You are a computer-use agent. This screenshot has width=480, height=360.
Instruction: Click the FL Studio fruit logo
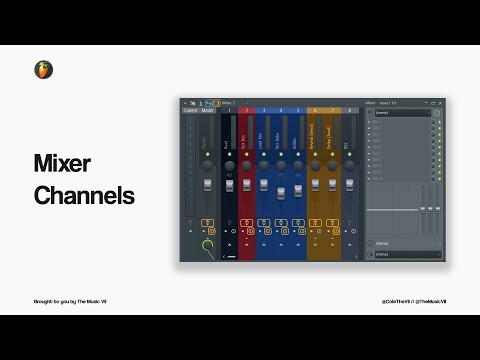pos(43,69)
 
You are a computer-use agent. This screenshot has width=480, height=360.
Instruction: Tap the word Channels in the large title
pos(84,196)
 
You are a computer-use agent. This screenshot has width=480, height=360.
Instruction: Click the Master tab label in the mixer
pos(208,110)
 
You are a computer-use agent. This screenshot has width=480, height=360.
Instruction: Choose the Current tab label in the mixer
pos(190,110)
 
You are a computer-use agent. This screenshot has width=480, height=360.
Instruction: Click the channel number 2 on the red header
pos(246,110)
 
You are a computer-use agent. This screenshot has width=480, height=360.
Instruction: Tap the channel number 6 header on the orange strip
pos(314,110)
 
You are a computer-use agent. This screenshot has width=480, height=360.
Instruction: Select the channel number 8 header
pos(349,110)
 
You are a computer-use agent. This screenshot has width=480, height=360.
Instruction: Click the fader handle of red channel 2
pos(246,186)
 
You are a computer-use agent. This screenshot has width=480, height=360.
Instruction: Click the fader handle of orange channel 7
pos(332,186)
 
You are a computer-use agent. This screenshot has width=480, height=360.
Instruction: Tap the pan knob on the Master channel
pos(209,165)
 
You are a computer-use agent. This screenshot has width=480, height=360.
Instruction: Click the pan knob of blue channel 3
pos(264,165)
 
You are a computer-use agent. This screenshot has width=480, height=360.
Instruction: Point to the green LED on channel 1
pos(228,154)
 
